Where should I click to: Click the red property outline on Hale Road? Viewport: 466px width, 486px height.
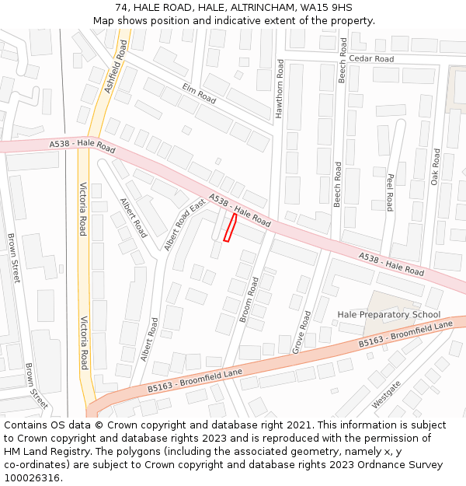point(230,228)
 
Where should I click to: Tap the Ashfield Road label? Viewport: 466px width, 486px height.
point(116,68)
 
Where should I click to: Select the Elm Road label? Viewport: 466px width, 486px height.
point(199,93)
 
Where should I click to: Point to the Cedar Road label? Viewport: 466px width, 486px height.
point(370,59)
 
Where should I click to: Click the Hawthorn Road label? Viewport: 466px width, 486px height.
point(280,89)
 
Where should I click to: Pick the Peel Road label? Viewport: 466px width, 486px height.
point(390,192)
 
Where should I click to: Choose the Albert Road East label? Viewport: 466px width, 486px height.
point(184,225)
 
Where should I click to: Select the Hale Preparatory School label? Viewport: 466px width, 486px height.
point(388,314)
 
